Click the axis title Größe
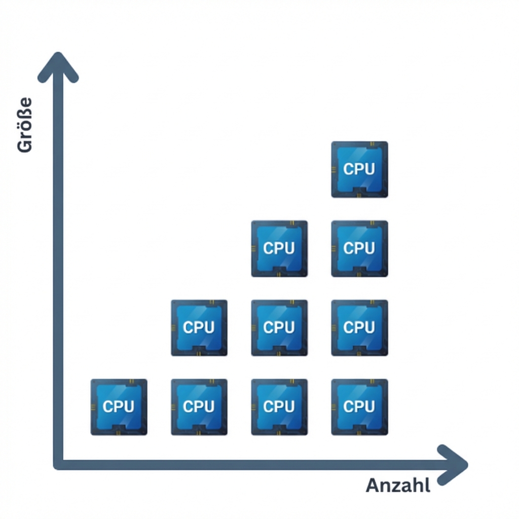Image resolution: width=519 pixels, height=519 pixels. pos(24,125)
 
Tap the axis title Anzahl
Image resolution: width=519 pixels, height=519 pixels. pos(398,486)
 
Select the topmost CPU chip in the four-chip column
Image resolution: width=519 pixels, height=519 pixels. pos(359,169)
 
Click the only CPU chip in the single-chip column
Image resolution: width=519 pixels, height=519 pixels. pos(119,406)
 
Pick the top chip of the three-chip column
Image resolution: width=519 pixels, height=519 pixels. pos(279,248)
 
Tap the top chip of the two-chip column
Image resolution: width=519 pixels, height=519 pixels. pos(199,327)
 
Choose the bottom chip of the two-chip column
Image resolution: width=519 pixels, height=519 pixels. pos(199,406)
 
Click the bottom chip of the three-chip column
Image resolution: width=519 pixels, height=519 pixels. pos(279,406)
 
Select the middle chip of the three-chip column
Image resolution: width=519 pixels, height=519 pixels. pos(279,327)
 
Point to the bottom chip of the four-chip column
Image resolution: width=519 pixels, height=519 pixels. pos(359,406)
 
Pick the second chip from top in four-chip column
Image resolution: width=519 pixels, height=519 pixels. pos(359,248)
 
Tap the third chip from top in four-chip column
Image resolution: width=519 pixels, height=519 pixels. pos(359,327)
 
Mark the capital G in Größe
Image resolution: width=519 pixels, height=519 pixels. pos(24,145)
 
